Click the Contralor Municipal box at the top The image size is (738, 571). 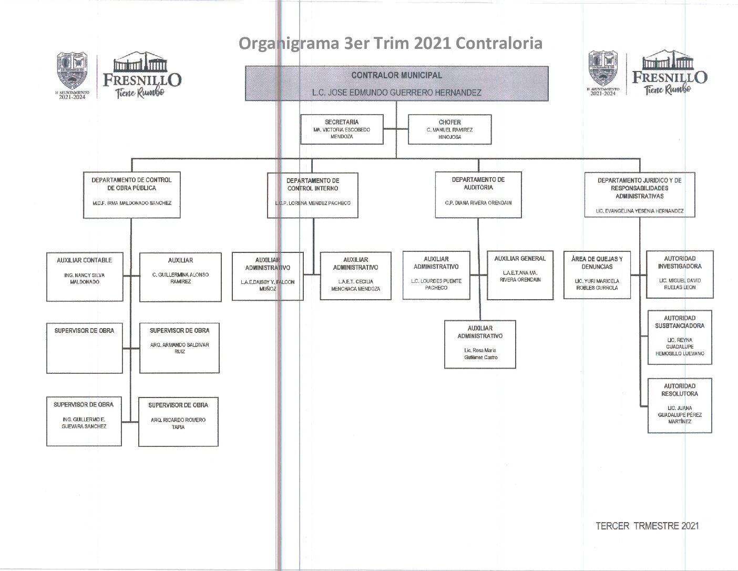coord(396,83)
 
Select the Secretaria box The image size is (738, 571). coord(342,129)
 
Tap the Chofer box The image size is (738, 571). coord(449,129)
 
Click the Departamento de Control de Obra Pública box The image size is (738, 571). coord(131,195)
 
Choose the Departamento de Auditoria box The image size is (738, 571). coord(478,194)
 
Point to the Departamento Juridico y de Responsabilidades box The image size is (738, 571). coord(639,195)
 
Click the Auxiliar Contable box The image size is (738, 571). coord(84,277)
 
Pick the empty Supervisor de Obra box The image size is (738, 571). coord(84,348)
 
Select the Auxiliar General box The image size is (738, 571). coord(520,274)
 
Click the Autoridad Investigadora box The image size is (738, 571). coord(679,274)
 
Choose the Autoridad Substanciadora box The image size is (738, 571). coord(679,337)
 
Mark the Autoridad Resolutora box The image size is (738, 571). coord(679,405)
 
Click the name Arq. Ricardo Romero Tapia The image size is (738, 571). coord(178,424)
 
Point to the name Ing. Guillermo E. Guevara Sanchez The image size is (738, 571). coord(84,423)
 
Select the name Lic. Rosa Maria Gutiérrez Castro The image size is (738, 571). coord(480,354)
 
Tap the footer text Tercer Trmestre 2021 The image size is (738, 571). coord(647,526)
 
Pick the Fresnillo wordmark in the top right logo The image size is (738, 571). coord(669,77)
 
